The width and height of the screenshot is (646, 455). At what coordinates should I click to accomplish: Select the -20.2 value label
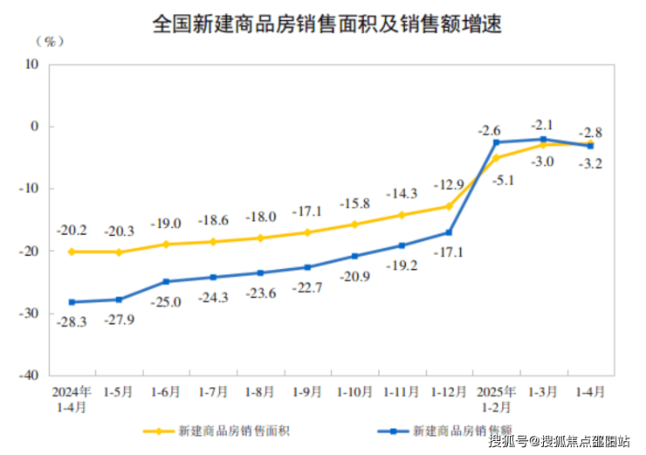[71, 231]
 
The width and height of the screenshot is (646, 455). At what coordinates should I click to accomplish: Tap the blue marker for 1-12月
[449, 232]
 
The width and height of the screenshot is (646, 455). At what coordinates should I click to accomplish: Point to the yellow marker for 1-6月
[165, 244]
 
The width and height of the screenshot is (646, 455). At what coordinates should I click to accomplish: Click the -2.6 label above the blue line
[489, 130]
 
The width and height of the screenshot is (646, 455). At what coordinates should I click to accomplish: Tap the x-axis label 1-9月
[307, 392]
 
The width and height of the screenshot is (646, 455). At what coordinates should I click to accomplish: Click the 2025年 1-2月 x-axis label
[496, 398]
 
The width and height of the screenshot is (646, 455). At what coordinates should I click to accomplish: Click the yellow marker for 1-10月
[354, 224]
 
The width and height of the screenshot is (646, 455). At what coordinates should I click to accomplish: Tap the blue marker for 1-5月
[118, 300]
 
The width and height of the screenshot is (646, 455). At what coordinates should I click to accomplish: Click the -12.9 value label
[449, 185]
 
